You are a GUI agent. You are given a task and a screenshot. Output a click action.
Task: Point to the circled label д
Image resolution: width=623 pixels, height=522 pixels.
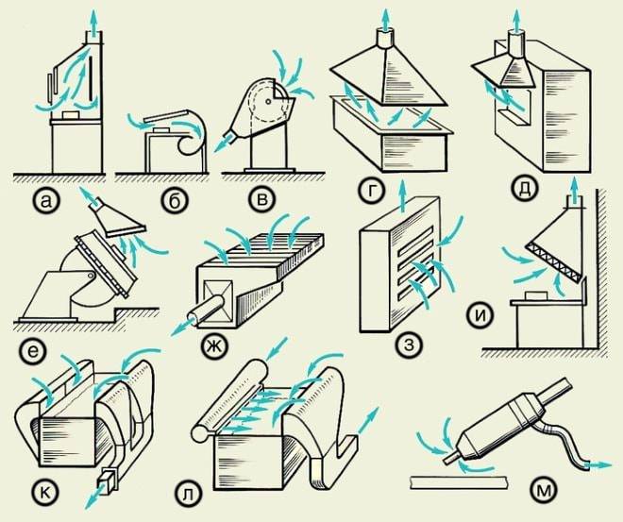[x=522, y=190]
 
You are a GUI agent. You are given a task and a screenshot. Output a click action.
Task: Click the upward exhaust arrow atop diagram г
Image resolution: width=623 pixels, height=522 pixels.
[x=385, y=17]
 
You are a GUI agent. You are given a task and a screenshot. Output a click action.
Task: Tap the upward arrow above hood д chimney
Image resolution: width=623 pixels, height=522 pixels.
[x=517, y=16]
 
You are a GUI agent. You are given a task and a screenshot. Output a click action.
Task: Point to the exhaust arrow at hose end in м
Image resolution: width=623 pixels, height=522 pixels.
[x=595, y=463]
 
